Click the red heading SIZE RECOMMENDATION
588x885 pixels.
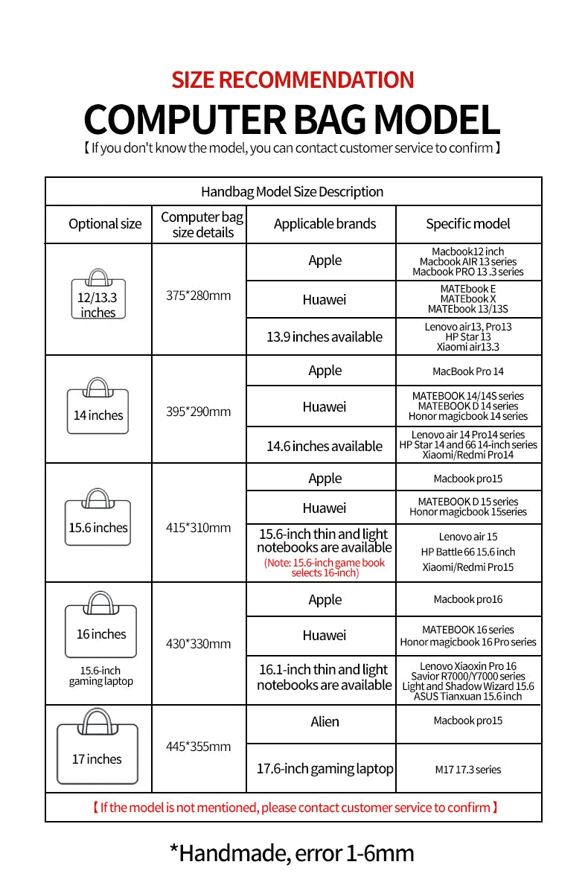pyautogui.click(x=293, y=80)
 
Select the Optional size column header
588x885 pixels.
pyautogui.click(x=105, y=224)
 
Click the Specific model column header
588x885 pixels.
pyautogui.click(x=468, y=224)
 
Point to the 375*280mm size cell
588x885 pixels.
pyautogui.click(x=198, y=295)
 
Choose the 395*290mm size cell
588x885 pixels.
pyautogui.click(x=198, y=412)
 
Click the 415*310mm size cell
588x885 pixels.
pyautogui.click(x=198, y=528)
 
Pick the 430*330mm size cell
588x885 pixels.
pyautogui.click(x=198, y=644)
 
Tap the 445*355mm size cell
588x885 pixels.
pyautogui.click(x=198, y=747)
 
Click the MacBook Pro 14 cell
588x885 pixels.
pyautogui.click(x=468, y=371)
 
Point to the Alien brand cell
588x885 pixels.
pyautogui.click(x=325, y=721)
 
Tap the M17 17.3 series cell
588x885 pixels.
pyautogui.click(x=468, y=770)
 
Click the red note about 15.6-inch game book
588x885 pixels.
pyautogui.click(x=325, y=567)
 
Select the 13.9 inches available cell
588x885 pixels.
pyautogui.click(x=325, y=337)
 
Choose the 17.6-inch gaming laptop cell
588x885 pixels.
pyautogui.click(x=325, y=768)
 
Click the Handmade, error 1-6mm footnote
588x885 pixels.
pyautogui.click(x=292, y=853)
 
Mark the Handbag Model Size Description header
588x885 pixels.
pyautogui.click(x=292, y=192)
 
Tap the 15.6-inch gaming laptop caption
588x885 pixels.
pyautogui.click(x=100, y=676)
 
